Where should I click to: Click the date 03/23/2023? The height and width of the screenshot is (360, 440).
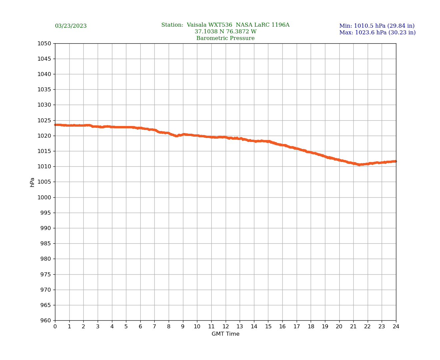point(71,26)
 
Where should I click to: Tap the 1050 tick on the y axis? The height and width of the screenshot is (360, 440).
point(44,43)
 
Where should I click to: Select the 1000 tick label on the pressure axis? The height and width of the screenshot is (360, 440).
point(44,197)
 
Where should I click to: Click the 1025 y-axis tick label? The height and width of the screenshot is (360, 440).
point(44,120)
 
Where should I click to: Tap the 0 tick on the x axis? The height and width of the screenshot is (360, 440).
point(55,326)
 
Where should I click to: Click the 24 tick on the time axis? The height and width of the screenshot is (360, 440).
point(396,326)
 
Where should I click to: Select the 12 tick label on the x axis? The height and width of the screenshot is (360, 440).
point(226,326)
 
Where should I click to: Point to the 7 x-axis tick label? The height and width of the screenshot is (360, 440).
point(154,326)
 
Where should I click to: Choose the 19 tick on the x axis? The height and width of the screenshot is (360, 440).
point(325,326)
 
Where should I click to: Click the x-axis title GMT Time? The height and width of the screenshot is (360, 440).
point(225,334)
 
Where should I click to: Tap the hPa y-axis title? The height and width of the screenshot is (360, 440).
point(32,182)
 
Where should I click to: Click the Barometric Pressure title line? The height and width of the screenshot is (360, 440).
point(225,38)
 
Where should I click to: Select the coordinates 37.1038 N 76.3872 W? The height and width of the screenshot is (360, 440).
point(225,32)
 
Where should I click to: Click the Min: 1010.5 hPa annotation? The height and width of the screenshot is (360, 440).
point(377,26)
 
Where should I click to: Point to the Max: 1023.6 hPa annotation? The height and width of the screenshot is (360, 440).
point(377,33)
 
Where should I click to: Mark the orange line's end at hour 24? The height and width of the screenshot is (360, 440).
point(396,161)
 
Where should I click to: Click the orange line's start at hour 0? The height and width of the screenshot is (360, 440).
point(55,125)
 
